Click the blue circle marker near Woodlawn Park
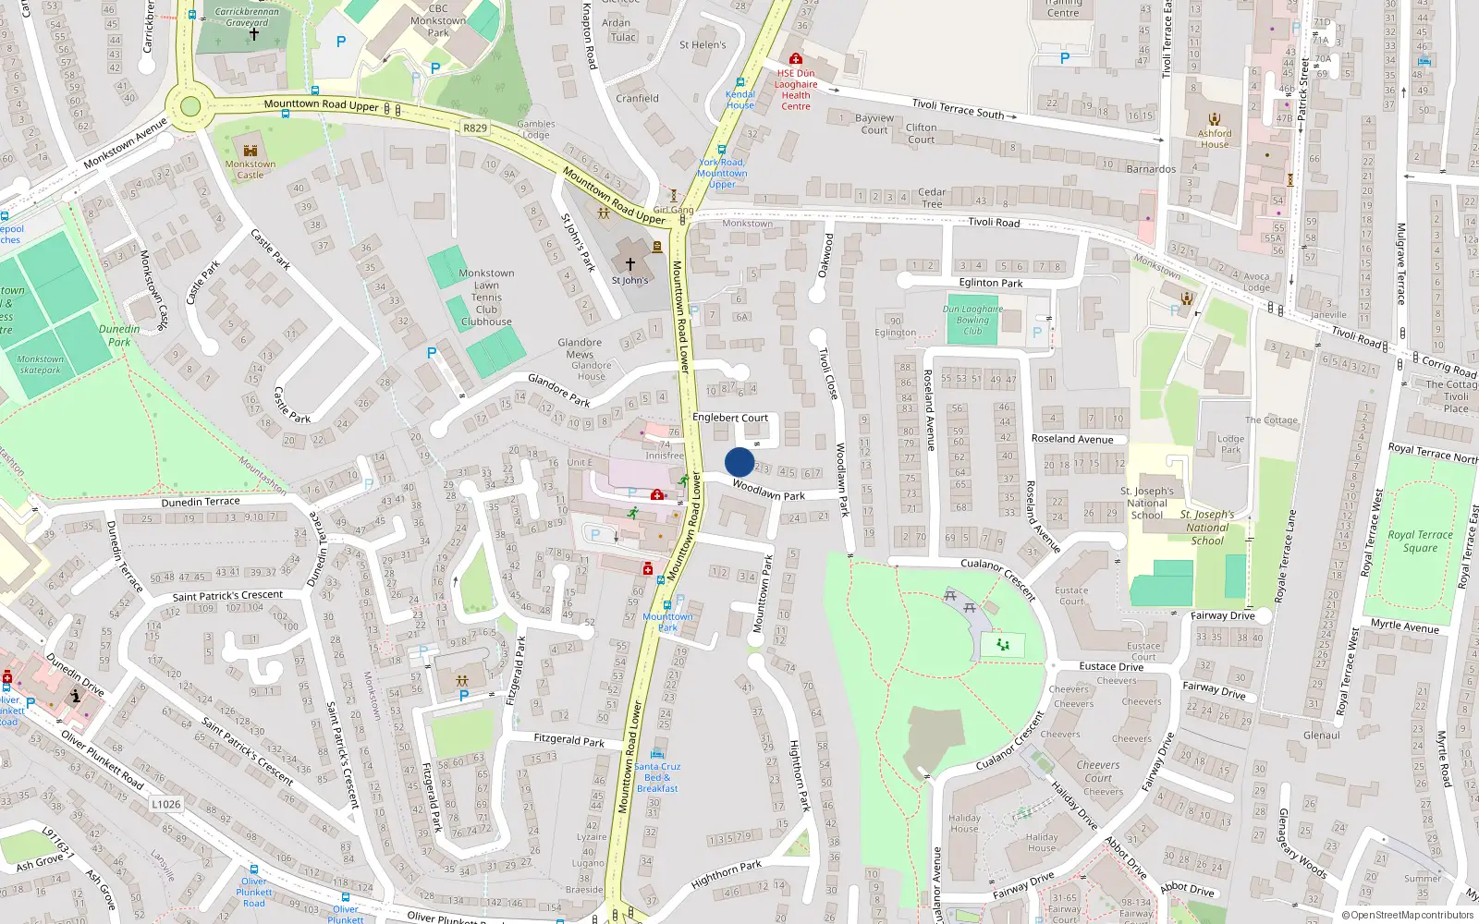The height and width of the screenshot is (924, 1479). [x=739, y=462]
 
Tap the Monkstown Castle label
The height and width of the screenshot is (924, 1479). [x=250, y=169]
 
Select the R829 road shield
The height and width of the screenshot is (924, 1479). [x=475, y=128]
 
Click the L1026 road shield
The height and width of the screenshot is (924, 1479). [x=166, y=804]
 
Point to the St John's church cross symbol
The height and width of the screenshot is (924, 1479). [x=630, y=264]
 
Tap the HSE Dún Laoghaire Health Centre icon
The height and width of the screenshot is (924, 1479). [x=795, y=59]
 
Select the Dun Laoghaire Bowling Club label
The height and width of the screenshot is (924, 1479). [x=972, y=320]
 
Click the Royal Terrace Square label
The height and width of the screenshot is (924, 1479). [x=1420, y=541]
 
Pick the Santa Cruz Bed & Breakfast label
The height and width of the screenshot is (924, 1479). [x=657, y=777]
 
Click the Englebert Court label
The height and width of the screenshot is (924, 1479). [x=730, y=418]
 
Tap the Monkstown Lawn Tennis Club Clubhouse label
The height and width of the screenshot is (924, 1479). [x=486, y=298]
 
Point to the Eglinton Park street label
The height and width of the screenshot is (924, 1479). [x=990, y=283]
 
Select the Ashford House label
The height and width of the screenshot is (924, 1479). [x=1215, y=139]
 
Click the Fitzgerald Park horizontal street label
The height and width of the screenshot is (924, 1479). [x=568, y=740]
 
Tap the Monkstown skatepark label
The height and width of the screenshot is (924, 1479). [x=41, y=365]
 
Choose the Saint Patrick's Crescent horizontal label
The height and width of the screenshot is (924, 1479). [x=227, y=595]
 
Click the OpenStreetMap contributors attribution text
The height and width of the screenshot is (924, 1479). [x=1408, y=915]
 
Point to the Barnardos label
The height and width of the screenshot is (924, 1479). [x=1151, y=169]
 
